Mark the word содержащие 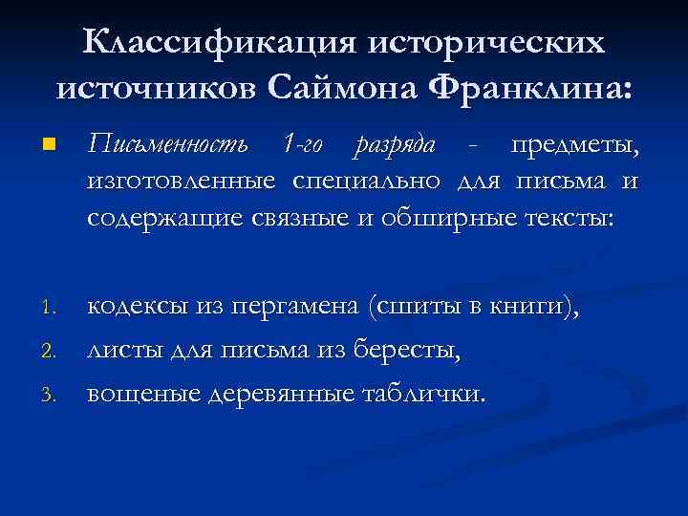168,218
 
